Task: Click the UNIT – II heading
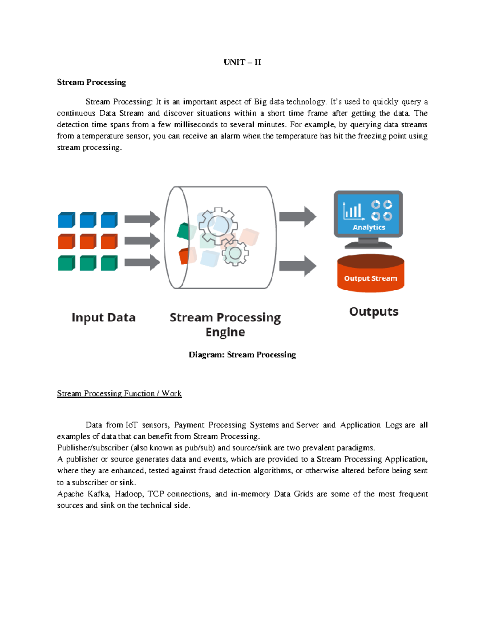pos(242,62)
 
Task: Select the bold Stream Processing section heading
pos(91,82)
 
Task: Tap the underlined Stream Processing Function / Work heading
pos(119,394)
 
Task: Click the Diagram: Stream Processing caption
pos(242,355)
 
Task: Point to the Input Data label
pos(103,318)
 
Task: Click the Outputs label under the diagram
pos(373,312)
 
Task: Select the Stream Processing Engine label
pos(225,325)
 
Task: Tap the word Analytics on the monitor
pos(369,227)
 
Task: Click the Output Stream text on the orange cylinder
pos(370,279)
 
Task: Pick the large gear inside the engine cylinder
pos(218,225)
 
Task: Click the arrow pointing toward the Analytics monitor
pos(297,217)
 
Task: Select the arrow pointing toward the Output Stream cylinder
pos(297,266)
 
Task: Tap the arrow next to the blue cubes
pos(142,219)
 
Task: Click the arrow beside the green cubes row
pos(142,263)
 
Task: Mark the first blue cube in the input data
pos(66,220)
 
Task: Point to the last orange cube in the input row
pos(109,241)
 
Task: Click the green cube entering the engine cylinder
pos(183,231)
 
